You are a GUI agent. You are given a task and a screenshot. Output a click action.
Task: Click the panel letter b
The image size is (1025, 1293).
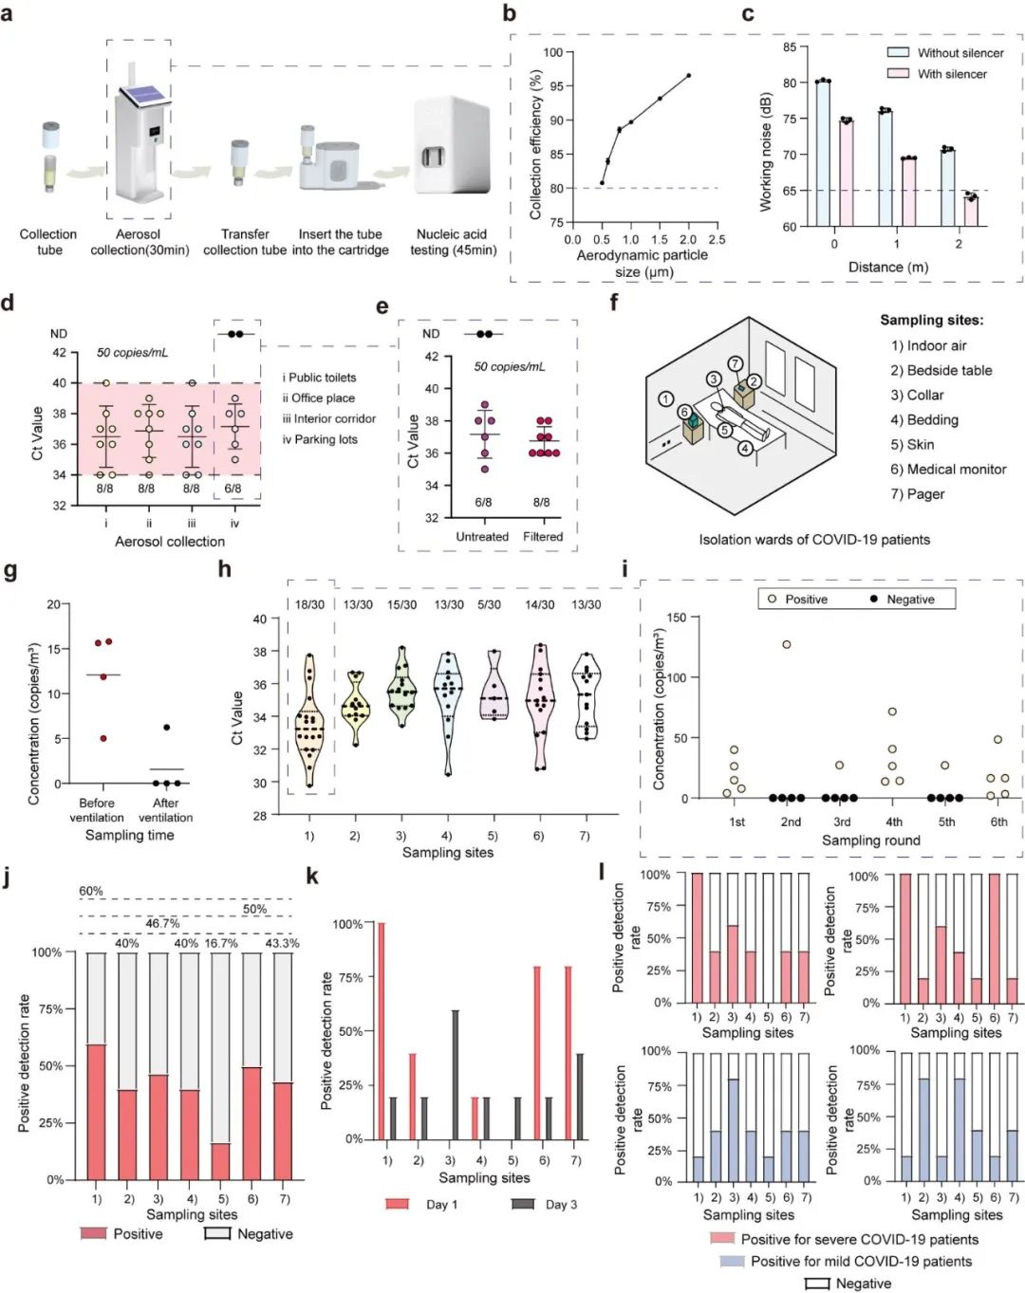[x=510, y=13]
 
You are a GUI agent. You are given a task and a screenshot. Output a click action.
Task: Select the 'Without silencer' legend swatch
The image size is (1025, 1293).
[x=898, y=53]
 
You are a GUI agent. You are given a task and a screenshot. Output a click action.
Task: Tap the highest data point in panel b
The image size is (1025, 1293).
[x=688, y=76]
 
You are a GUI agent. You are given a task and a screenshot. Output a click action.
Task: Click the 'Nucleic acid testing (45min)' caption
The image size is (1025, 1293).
[x=452, y=242]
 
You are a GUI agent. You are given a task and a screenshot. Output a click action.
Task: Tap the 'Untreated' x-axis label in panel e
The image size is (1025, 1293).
[x=482, y=537]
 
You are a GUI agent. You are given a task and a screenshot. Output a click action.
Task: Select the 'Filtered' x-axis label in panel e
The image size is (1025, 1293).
[x=543, y=537]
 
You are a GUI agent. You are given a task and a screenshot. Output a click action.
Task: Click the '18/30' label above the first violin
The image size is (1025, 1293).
[x=309, y=604]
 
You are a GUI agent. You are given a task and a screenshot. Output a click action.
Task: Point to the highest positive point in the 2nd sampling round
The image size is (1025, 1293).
[x=787, y=645]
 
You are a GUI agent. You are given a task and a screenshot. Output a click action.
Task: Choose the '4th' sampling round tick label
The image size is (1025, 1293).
[x=894, y=822]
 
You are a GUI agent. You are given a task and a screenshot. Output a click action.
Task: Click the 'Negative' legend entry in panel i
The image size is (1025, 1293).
[x=910, y=600]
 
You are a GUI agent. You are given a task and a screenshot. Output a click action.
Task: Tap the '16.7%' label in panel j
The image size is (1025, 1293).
[x=221, y=944]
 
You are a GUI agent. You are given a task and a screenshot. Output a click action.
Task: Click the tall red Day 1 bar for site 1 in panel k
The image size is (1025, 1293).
[x=382, y=1030]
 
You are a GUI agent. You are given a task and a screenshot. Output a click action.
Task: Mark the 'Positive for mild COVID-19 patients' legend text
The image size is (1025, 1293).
[x=861, y=1262]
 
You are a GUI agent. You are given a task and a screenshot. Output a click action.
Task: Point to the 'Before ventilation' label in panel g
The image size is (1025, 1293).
[x=97, y=810]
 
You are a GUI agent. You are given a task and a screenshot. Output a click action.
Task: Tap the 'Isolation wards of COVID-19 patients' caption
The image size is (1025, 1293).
[x=814, y=540]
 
